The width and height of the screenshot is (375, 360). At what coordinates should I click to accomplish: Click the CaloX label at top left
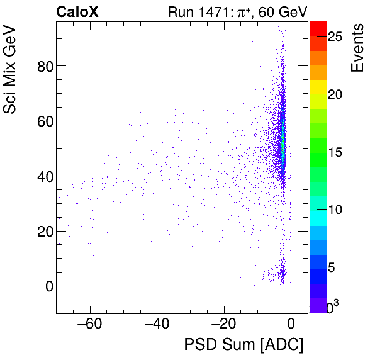tap(77, 11)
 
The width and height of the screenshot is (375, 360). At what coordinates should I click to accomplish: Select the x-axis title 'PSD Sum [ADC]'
tap(243, 345)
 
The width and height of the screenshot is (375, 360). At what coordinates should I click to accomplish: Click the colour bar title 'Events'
tap(357, 48)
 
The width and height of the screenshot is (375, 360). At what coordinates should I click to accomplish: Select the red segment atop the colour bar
tap(318, 28)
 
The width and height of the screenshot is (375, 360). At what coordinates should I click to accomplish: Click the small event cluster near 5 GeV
tap(282, 274)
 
